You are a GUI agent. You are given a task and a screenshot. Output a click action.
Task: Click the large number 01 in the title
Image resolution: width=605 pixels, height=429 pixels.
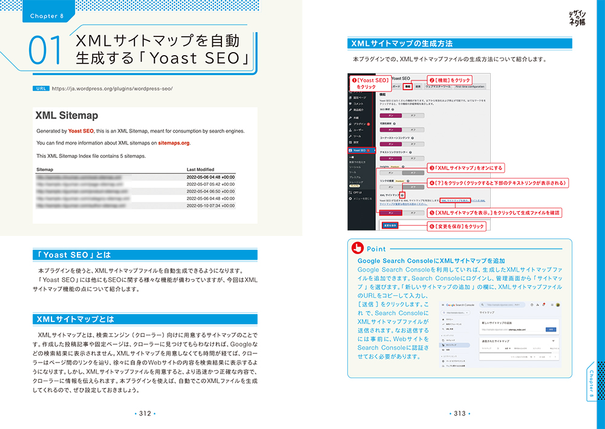45,51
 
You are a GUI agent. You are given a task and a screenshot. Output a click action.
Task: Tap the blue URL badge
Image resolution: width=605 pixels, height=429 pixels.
41,88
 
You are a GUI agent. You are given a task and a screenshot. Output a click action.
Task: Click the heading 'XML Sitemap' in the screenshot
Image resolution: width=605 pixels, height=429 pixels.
67,116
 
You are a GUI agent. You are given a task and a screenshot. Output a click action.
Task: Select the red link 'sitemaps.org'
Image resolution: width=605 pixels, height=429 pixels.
174,143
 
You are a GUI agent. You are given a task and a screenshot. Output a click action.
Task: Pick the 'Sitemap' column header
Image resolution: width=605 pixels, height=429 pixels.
45,170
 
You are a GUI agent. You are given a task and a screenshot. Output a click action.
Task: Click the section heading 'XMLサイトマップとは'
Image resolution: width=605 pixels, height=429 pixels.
76,319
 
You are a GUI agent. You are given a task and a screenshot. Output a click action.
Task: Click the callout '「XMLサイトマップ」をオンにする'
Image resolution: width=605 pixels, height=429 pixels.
465,168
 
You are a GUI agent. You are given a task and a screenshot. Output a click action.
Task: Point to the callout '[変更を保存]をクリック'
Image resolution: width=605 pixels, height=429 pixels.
457,226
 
